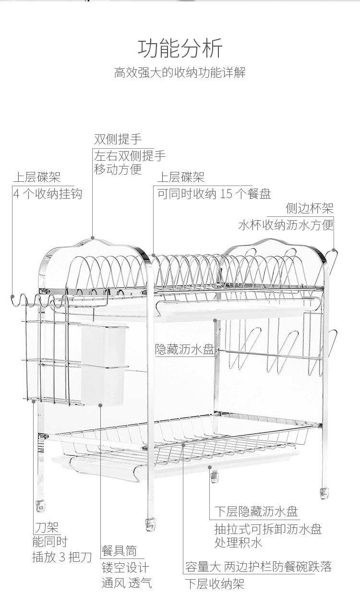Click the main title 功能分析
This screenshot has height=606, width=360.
coord(180,48)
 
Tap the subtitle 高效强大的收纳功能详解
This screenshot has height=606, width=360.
coord(180,72)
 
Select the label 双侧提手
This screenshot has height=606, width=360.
coord(118,139)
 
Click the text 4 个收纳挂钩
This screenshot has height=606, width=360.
coord(48,194)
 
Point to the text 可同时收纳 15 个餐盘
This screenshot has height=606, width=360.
coord(214,194)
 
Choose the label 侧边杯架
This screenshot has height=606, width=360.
coord(310,208)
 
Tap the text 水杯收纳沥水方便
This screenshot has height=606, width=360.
coord(286,225)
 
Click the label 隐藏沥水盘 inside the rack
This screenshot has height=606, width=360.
coord(185,349)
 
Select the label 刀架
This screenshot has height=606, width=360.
coord(47,527)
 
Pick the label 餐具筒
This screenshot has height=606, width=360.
coord(119,550)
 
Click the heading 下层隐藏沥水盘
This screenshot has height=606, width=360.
coord(256,511)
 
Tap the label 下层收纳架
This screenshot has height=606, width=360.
coord(215,584)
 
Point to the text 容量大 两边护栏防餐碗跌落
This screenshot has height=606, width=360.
coord(259,567)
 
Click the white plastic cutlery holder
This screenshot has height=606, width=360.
coord(104,364)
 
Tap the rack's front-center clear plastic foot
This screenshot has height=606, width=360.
coord(151,524)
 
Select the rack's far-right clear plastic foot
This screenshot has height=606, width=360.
coord(324,493)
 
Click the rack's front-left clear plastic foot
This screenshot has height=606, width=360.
coord(40,506)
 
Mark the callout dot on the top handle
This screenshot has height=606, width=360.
coord(92,238)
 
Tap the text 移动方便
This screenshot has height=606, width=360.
coord(118,170)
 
